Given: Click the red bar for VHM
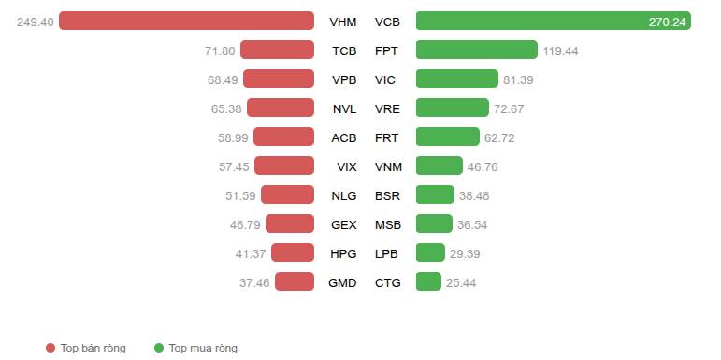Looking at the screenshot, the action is coord(186,21).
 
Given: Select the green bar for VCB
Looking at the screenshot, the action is coord(554,21).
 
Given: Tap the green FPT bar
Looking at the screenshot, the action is coord(477,50).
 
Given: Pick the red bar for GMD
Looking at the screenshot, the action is coord(295,281).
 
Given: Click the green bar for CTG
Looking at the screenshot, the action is coord(428,281).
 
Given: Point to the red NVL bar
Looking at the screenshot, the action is coord(281,108).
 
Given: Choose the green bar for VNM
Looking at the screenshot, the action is coord(440,166).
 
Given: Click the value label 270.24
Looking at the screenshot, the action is coord(667,22).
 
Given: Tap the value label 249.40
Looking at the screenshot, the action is coord(36,22).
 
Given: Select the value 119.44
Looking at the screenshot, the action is coord(560,51).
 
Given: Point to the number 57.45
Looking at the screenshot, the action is coord(234,166).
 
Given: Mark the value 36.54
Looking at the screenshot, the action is coord(472,224).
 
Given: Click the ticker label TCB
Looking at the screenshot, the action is coord(344,51).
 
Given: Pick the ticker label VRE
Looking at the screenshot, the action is coord(387,109).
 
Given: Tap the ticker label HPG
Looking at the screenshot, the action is coord(343,253).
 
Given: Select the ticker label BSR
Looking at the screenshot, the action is coord(387,195).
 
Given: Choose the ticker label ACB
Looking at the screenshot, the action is coord(344,138).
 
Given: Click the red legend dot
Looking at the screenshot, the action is coord(50,348).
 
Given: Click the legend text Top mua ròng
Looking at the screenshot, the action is coord(203,348).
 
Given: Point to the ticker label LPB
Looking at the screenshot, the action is coord(386,253).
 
